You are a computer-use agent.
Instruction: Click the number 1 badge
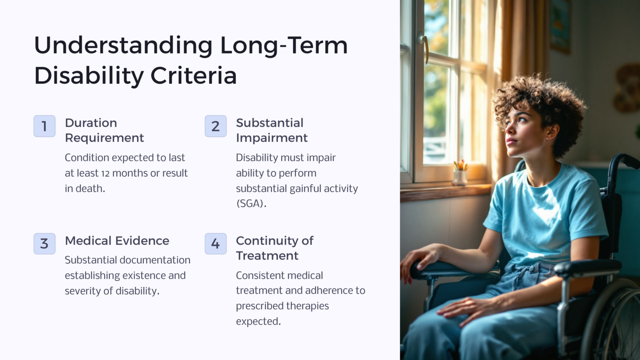point(44,126)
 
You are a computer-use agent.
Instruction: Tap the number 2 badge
point(215,126)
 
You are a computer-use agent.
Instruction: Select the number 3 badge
point(44,244)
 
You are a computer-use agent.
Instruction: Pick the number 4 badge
point(215,244)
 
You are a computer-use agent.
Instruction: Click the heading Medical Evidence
point(117,241)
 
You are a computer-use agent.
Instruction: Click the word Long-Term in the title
point(284,45)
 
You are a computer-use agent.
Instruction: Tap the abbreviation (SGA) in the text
point(251,204)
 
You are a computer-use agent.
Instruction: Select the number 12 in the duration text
point(105,173)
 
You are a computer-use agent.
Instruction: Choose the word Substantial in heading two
point(270,123)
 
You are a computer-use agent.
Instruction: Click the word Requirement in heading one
point(105,138)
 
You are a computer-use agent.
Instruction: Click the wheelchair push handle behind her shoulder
point(625,160)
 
